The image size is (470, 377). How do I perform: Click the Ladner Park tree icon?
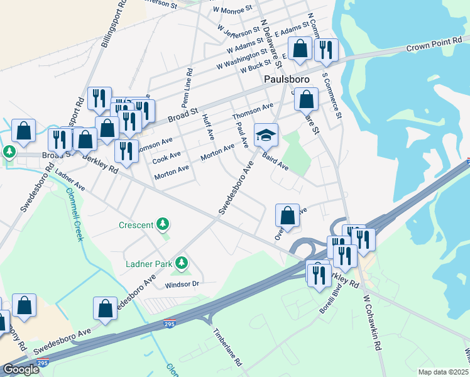tap(182, 262)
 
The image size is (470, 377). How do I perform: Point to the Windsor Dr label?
tap(182, 285)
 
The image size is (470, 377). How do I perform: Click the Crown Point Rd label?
tap(430, 47)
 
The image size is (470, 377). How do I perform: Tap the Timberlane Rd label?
tap(227, 347)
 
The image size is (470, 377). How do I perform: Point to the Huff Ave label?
tap(208, 127)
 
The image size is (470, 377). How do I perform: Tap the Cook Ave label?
tap(166, 155)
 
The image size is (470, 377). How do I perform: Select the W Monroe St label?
tap(232, 9)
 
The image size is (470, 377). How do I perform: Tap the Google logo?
tap(20, 369)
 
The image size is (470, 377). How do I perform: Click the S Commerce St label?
tap(332, 95)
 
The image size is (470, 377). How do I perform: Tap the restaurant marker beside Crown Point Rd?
tap(326, 50)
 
